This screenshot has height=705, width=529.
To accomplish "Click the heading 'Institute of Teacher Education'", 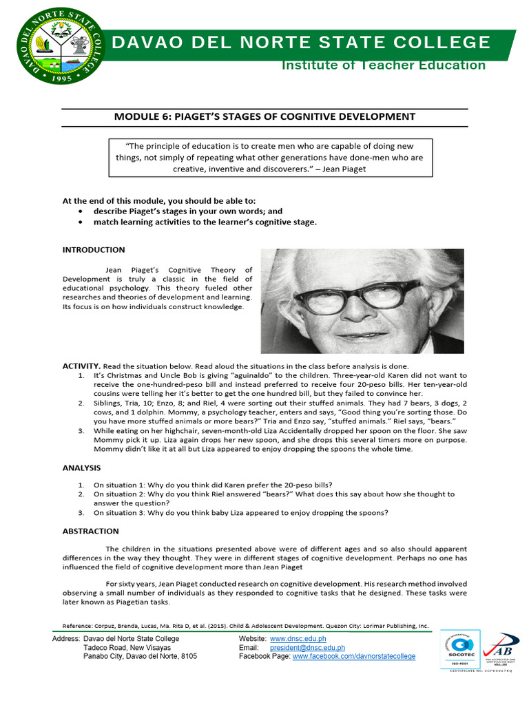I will pyautogui.click(x=384, y=65).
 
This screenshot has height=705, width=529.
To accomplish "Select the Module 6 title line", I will pyautogui.click(x=264, y=117).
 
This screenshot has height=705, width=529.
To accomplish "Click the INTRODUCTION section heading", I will pyautogui.click(x=94, y=250).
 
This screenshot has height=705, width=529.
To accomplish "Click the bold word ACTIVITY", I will pyautogui.click(x=81, y=366).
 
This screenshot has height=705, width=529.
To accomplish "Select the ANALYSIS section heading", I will pyautogui.click(x=81, y=468).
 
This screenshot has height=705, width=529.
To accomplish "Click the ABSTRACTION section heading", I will pyautogui.click(x=90, y=531).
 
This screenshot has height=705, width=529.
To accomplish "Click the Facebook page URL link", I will pyautogui.click(x=354, y=657).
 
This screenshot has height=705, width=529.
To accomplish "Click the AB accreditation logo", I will pyautogui.click(x=500, y=649).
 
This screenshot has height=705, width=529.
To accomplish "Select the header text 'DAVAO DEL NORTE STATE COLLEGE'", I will pyautogui.click(x=301, y=43).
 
